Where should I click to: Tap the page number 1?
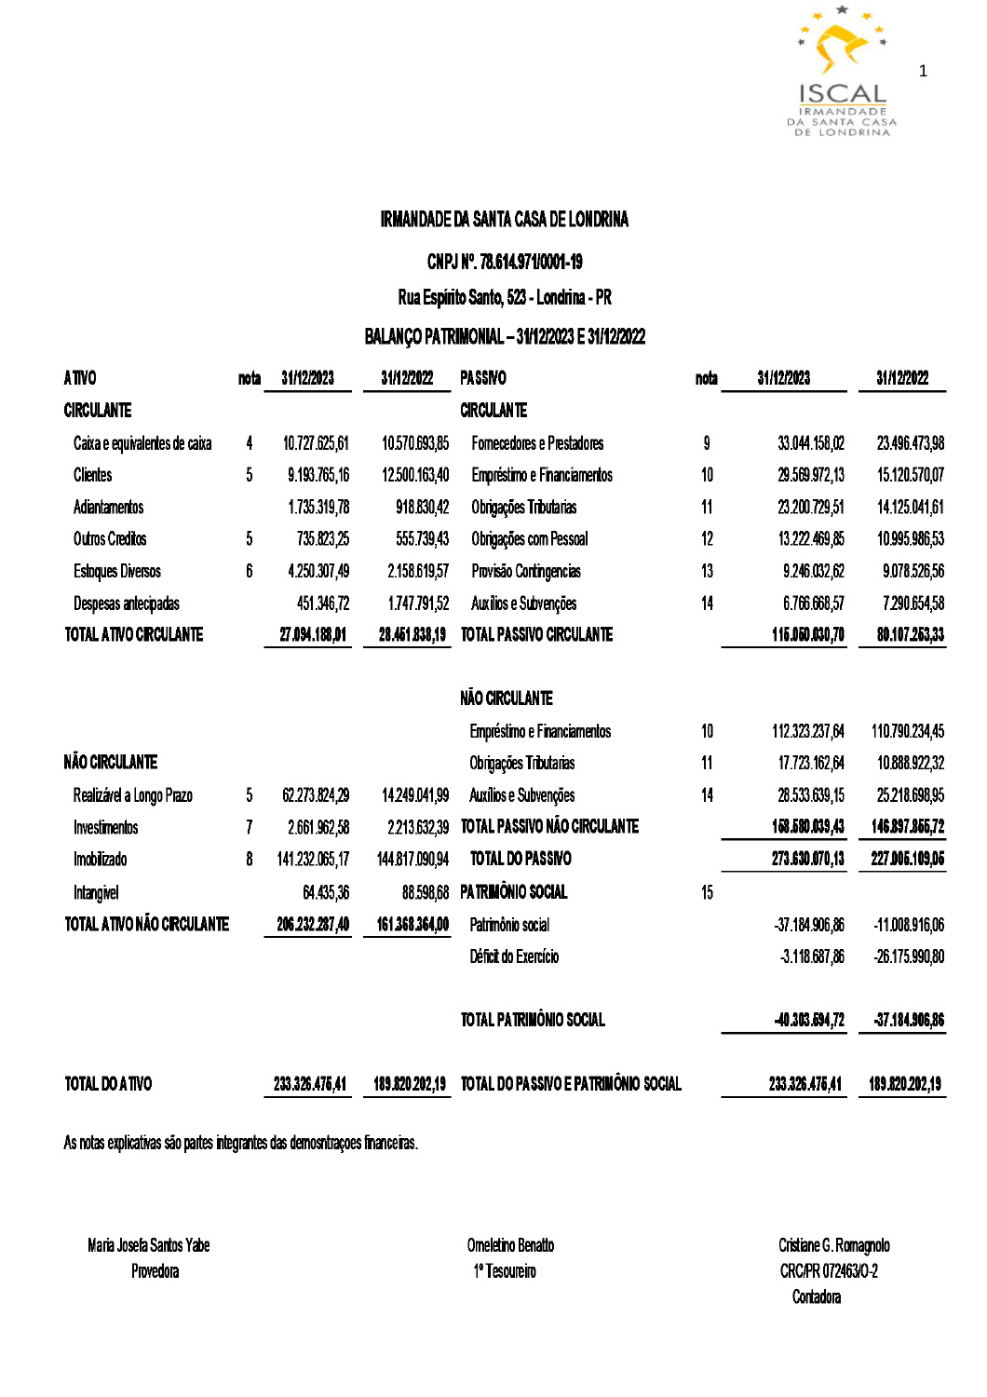pos(923,72)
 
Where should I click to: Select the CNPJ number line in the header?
pos(505,263)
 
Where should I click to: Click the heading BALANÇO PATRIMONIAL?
pos(505,336)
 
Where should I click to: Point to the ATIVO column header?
pos(80,378)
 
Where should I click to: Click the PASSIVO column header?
pos(483,378)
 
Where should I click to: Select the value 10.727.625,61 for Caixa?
pos(316,443)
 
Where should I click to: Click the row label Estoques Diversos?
pos(117,572)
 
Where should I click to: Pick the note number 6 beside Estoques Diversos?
pos(249,572)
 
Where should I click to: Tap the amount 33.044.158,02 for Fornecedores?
pos(811,443)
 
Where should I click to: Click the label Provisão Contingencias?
pos(525,572)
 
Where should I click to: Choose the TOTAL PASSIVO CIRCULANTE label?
pos(536,635)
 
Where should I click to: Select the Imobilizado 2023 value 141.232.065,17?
pos(313,860)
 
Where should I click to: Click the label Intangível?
pos(96,893)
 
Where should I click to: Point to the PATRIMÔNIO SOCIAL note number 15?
pos(707,893)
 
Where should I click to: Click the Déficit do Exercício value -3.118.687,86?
pos(812,957)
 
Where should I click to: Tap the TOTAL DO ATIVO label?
pos(108,1084)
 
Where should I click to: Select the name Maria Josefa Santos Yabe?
pos(149,1246)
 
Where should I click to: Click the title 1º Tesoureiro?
pos(505,1272)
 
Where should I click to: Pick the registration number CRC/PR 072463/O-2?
pos(829,1272)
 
